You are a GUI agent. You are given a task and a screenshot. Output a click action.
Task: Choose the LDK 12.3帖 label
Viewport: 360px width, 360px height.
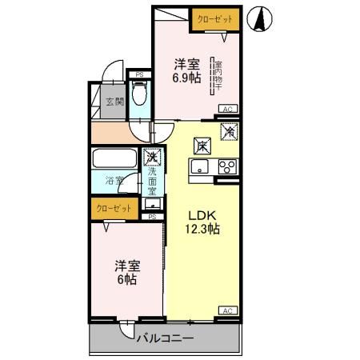tap(203, 222)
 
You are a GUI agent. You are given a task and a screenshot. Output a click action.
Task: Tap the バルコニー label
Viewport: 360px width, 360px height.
tap(164, 338)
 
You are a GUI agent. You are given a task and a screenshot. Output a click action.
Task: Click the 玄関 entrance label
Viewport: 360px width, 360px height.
tap(114, 102)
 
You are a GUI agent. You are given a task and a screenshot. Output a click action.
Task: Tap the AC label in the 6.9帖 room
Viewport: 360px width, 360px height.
tap(226, 109)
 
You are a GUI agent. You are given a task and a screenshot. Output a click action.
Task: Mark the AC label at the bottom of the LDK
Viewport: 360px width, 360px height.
tap(226, 310)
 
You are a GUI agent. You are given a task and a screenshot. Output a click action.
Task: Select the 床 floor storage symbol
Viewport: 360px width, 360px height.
tap(202, 146)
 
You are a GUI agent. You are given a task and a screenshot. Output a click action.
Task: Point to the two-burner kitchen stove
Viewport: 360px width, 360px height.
tap(226, 167)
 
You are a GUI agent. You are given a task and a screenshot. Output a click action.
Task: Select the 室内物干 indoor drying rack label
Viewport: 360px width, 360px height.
tap(217, 75)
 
